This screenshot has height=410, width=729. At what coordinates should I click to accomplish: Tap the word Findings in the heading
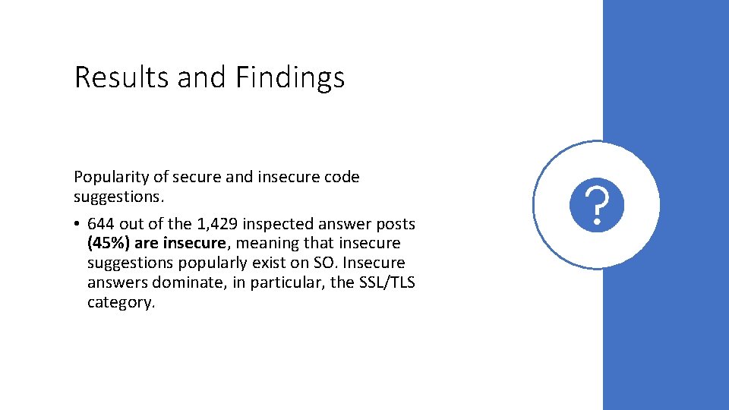pos(289,77)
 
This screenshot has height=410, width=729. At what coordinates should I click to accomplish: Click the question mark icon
pos(598,205)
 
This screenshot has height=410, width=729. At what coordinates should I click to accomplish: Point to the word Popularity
pos(111,177)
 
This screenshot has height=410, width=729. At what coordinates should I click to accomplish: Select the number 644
pos(102,224)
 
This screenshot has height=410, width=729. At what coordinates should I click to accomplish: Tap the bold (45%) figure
pos(109,244)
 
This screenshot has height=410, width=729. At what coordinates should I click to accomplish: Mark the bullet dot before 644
pos(78,225)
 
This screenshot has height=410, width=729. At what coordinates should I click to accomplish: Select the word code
pos(342,177)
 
